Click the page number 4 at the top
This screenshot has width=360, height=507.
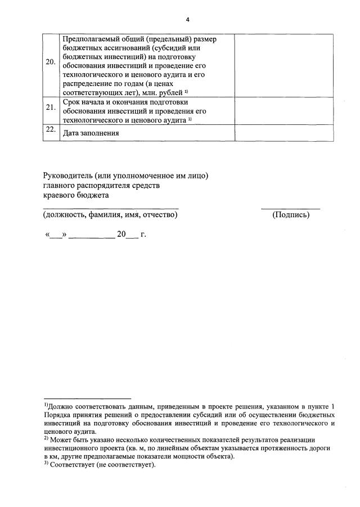[188, 20]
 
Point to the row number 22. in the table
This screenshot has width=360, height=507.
[51, 130]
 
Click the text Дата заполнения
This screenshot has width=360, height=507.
[91, 133]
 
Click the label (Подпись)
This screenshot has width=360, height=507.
[290, 215]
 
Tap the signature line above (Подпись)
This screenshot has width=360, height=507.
[290, 209]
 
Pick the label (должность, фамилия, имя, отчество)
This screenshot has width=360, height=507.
[110, 215]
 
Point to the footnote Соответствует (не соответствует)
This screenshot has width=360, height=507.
[102, 465]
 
